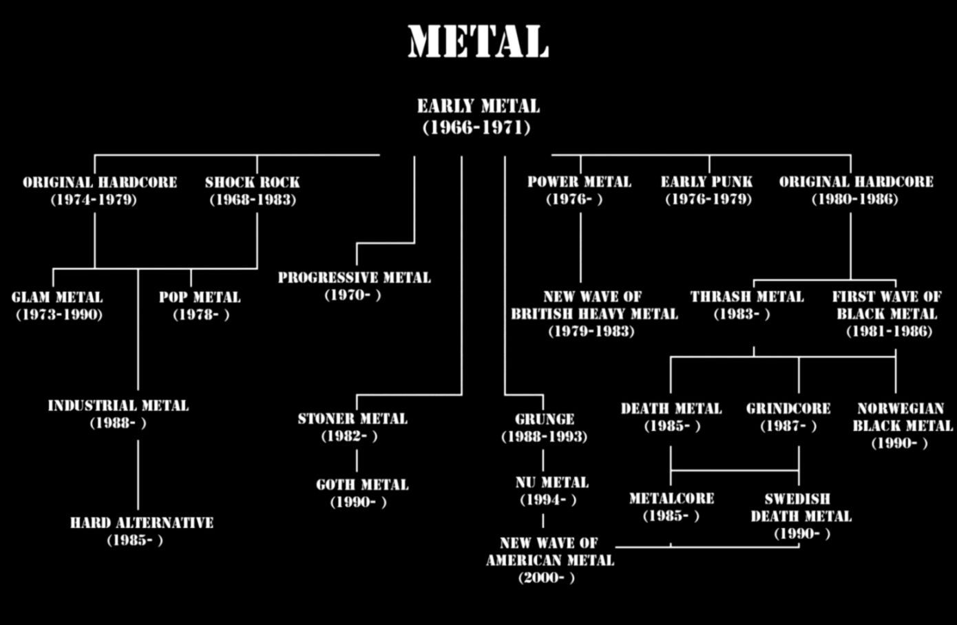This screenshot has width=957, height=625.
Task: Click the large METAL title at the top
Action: tap(478, 42)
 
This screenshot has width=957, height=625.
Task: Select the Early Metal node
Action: tap(478, 116)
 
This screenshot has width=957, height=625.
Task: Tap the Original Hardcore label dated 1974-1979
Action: tap(99, 191)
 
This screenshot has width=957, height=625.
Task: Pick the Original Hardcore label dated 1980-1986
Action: tap(856, 190)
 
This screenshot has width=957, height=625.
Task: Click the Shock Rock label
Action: tap(252, 191)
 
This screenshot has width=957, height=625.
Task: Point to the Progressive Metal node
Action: tap(354, 286)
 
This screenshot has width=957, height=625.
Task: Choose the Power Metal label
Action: tap(579, 190)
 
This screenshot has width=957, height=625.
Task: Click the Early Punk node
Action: tap(707, 190)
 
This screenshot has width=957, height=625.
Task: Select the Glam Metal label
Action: tap(57, 306)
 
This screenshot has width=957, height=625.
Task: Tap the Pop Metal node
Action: tap(200, 306)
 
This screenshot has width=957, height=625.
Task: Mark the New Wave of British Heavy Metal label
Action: tap(593, 313)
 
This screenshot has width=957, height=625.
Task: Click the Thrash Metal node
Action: tap(747, 305)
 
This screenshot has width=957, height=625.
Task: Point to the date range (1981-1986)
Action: tap(889, 331)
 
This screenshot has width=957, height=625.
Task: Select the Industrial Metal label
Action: tap(118, 414)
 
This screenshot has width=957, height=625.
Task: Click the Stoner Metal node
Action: tap(352, 427)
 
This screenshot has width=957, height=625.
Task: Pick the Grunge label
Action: tap(544, 427)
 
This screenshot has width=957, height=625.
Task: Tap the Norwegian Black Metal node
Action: tap(902, 425)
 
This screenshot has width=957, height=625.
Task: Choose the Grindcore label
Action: tap(788, 416)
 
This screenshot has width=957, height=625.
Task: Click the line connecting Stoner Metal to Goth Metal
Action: tap(357, 460)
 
